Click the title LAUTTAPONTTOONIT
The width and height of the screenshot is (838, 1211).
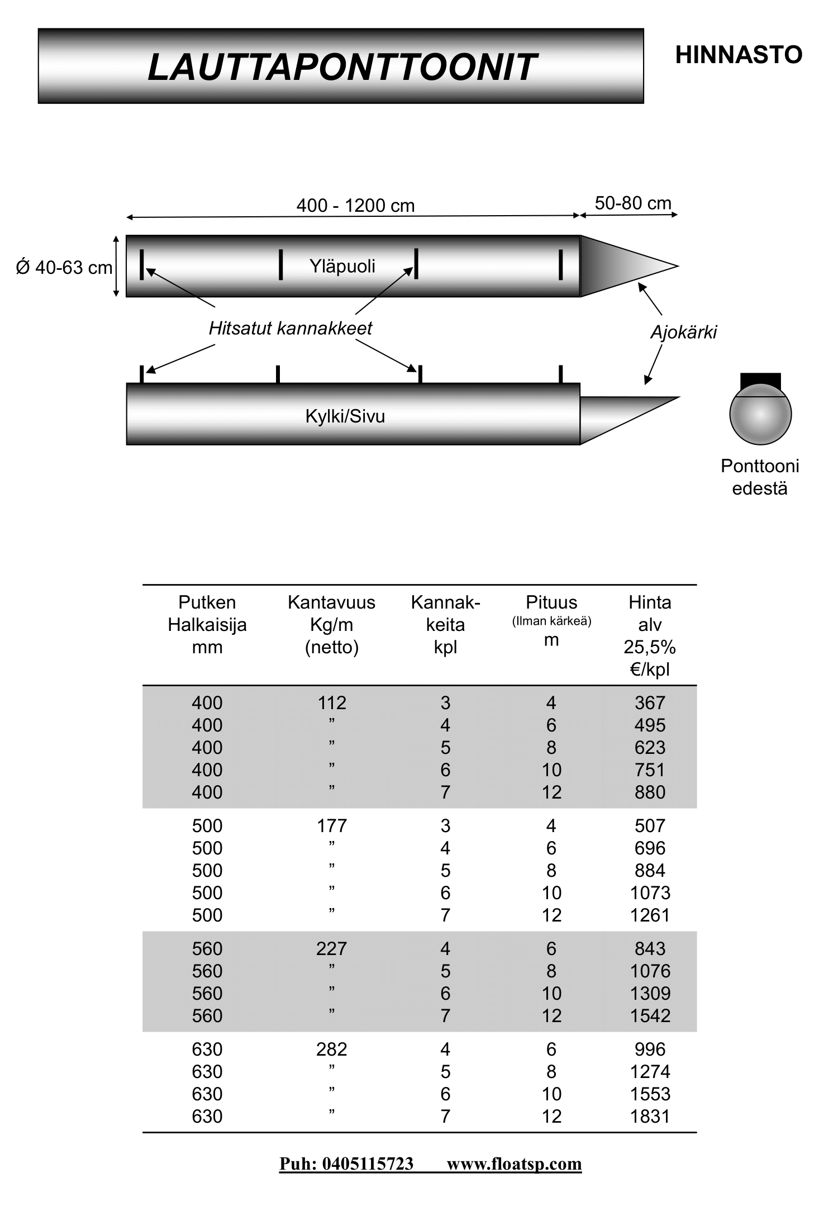coord(342,67)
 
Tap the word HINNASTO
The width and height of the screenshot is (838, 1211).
coord(739,55)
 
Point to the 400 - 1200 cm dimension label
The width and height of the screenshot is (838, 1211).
coord(355,206)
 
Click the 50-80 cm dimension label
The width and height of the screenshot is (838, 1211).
coord(633,203)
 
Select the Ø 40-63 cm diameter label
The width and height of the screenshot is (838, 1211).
coord(64,268)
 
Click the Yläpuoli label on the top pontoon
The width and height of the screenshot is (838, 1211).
coord(342,266)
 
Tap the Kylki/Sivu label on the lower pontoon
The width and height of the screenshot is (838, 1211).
coord(345,416)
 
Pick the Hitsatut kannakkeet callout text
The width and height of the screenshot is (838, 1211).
coord(291,328)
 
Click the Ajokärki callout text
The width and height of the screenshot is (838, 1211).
coord(683,333)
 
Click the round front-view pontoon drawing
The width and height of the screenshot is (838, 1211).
coord(760,413)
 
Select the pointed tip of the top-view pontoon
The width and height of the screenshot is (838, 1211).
coord(679,266)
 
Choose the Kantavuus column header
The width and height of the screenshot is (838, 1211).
coord(331,624)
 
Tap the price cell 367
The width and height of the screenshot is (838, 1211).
coord(650,702)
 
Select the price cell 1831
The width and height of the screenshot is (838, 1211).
coord(650,1116)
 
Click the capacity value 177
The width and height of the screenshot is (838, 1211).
coord(332,825)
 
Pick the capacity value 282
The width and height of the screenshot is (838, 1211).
coord(332,1049)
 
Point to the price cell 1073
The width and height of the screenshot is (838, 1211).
coord(650,892)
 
